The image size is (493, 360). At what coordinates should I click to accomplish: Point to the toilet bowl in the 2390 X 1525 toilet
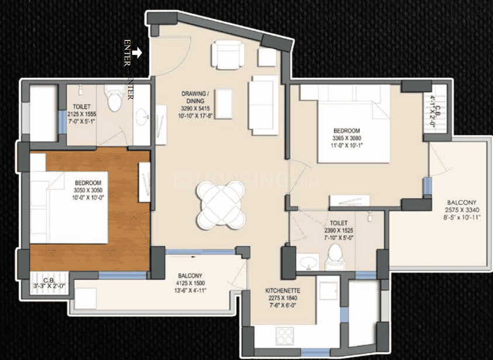pyautogui.click(x=335, y=255)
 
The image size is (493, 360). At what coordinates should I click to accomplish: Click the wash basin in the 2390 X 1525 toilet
pyautogui.click(x=306, y=263)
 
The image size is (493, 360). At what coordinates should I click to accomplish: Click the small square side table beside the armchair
pyautogui.click(x=267, y=57)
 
